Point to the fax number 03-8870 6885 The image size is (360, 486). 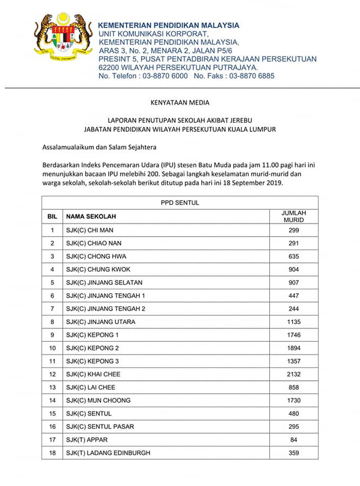(x=252, y=76)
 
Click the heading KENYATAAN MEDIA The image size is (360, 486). (x=180, y=102)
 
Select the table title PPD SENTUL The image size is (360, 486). (x=180, y=203)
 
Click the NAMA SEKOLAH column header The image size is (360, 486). (x=91, y=217)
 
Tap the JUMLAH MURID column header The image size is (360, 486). (x=294, y=216)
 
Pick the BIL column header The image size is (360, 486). (x=52, y=217)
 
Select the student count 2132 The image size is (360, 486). (x=294, y=374)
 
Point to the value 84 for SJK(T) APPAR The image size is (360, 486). (x=294, y=440)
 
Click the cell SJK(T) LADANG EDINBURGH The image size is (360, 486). (x=108, y=453)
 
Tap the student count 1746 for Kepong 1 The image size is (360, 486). (x=294, y=335)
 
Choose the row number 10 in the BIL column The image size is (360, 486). (x=52, y=348)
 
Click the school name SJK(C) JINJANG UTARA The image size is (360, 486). (x=101, y=322)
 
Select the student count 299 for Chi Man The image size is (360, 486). (x=294, y=230)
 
